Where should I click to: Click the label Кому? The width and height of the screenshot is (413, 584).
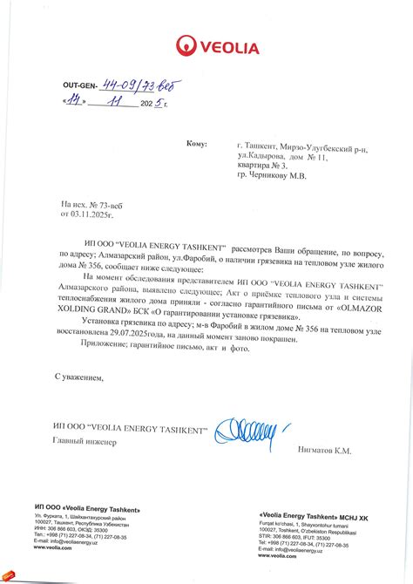click(x=197, y=143)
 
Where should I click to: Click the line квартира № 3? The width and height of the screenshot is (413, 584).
click(x=261, y=165)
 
